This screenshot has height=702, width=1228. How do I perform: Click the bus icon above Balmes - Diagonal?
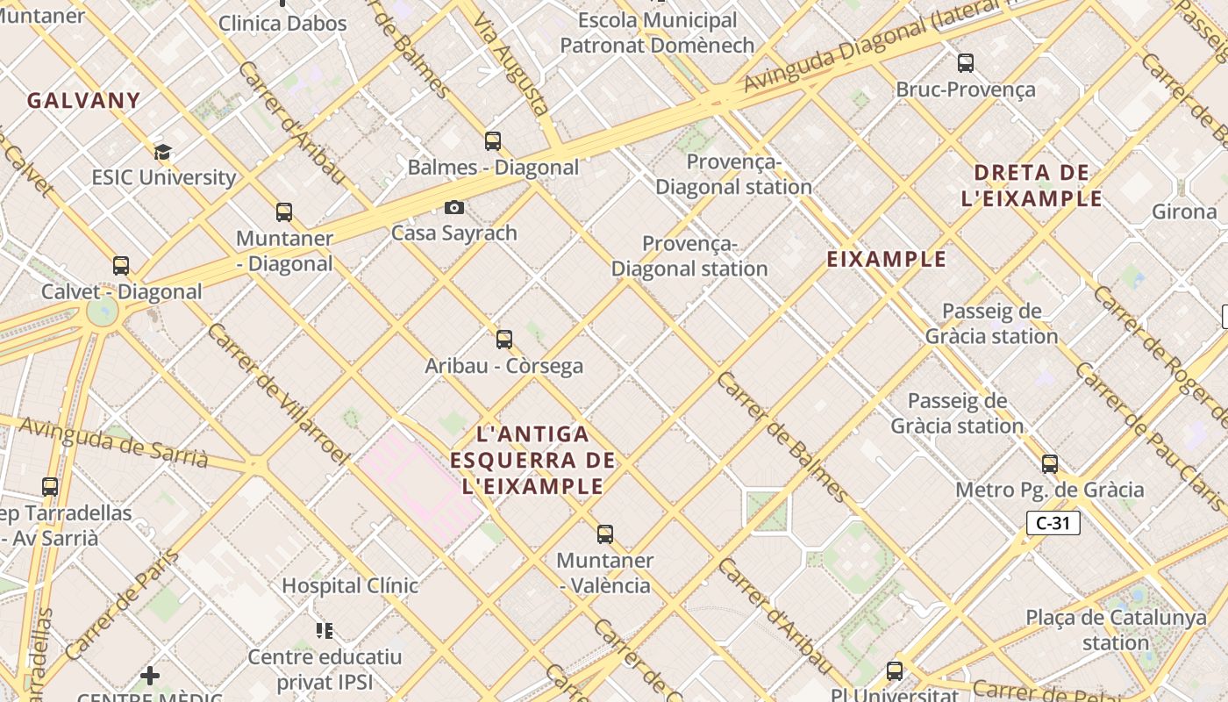coord(493,140)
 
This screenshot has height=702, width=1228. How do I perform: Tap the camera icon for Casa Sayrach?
coord(453,207)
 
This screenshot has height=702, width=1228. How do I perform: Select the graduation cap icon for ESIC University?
coord(162,152)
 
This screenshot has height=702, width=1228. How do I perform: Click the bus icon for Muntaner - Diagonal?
coord(284,211)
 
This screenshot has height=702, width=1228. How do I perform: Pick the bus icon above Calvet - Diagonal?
coord(121,265)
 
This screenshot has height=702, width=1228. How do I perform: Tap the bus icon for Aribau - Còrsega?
coord(504,339)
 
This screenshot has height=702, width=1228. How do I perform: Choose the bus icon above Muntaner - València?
coord(605,534)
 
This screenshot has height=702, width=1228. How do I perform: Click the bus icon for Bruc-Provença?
coord(966,63)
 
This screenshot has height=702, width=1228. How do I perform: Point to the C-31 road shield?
coord(1053,523)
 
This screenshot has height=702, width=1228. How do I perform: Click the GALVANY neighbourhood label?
coord(83,100)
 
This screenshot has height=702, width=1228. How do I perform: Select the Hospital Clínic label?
coord(349,585)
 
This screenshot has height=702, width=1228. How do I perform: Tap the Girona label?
coord(1184,211)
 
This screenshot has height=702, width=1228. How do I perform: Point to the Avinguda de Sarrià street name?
coord(113,442)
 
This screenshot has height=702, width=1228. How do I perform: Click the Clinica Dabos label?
coord(282,24)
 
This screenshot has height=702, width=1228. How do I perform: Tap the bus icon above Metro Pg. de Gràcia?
coord(1050,463)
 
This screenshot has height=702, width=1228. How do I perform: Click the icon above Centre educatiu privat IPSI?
coord(325,630)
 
